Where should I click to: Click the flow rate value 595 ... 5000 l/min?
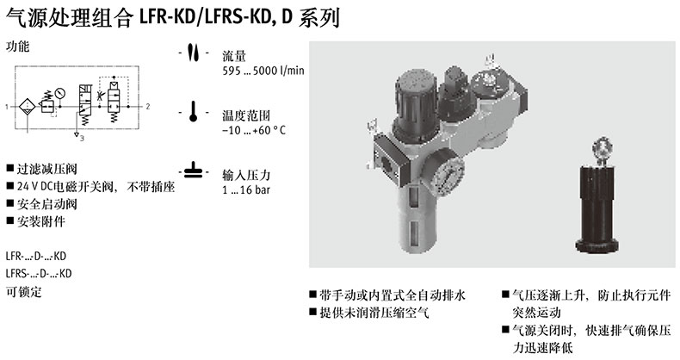[263, 71]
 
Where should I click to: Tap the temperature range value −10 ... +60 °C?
[254, 130]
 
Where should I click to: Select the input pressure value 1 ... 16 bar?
[246, 189]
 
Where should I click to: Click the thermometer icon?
[194, 112]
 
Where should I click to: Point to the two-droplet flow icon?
[194, 53]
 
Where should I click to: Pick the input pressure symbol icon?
[194, 171]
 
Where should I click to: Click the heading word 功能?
[18, 46]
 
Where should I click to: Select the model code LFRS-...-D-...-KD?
[39, 274]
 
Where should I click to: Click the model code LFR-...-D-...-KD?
[36, 256]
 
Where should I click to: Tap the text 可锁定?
[24, 291]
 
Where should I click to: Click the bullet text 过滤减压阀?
[46, 169]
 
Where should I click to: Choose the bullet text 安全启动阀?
[46, 204]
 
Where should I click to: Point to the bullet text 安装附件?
[41, 221]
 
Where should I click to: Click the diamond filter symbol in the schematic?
[27, 107]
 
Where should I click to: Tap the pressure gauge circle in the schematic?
[60, 93]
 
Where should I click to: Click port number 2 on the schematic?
[148, 106]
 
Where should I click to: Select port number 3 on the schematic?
[82, 139]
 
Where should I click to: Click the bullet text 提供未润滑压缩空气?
[374, 313]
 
